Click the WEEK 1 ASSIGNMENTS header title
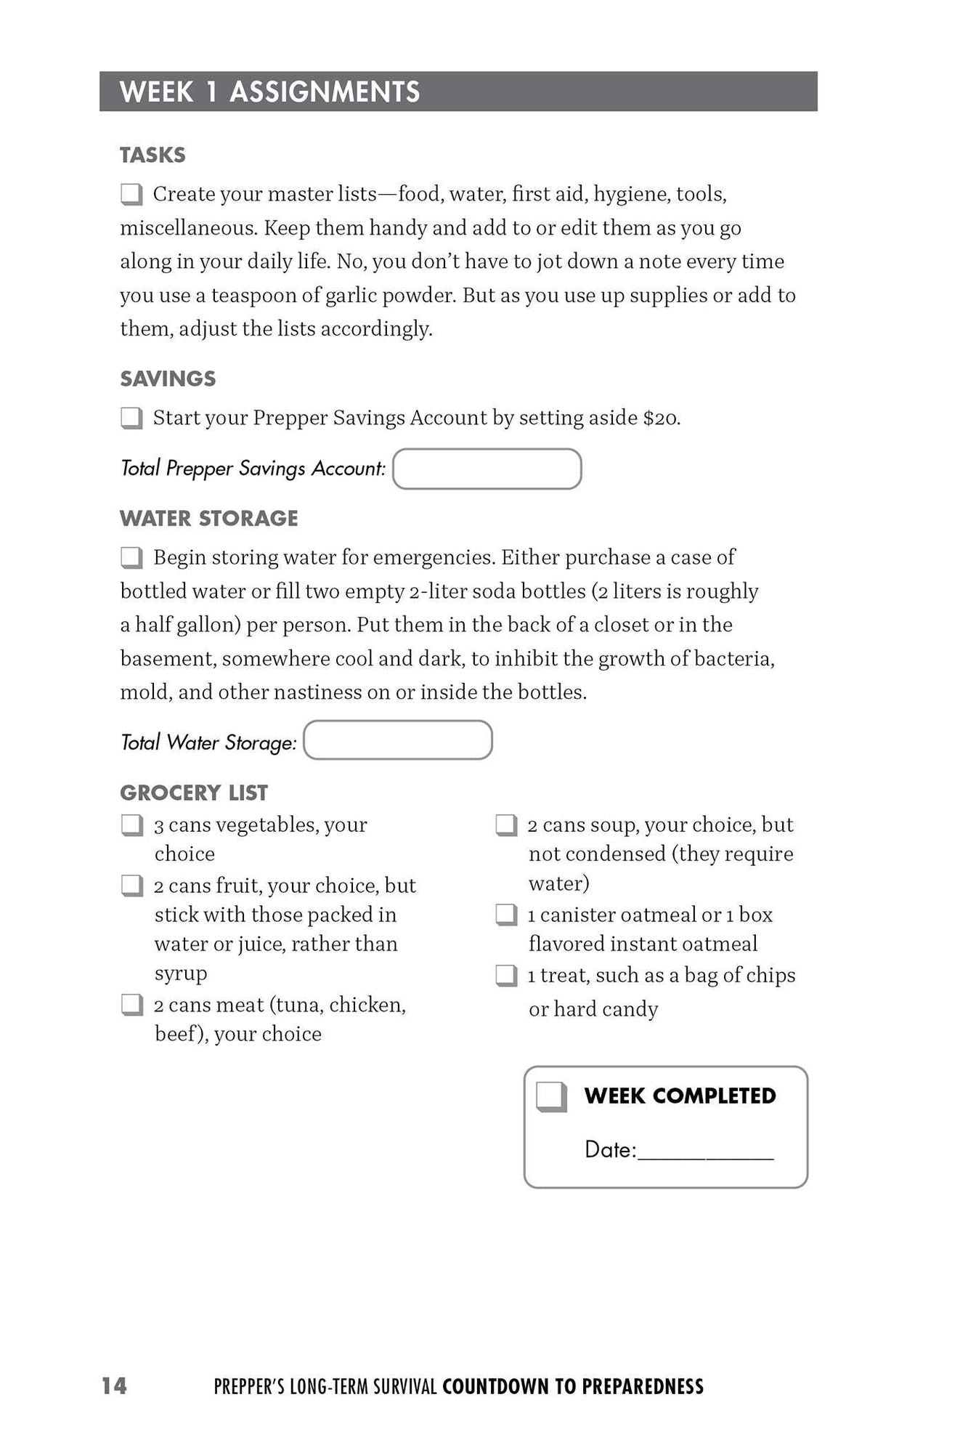click(269, 92)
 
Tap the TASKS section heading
click(152, 155)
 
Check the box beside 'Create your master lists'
click(131, 195)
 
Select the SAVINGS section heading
click(168, 379)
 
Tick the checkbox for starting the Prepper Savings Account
click(131, 418)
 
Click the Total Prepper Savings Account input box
click(487, 469)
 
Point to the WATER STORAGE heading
click(209, 519)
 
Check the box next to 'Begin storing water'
click(131, 558)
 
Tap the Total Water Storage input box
click(398, 740)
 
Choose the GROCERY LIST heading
click(194, 793)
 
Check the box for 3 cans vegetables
click(131, 825)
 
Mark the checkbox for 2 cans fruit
click(131, 886)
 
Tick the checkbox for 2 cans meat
click(131, 1005)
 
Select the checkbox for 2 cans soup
click(506, 825)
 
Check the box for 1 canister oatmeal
click(506, 915)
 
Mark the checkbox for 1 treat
click(506, 976)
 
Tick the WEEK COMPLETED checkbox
click(551, 1096)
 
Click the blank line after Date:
click(705, 1152)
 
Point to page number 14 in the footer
click(114, 1386)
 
